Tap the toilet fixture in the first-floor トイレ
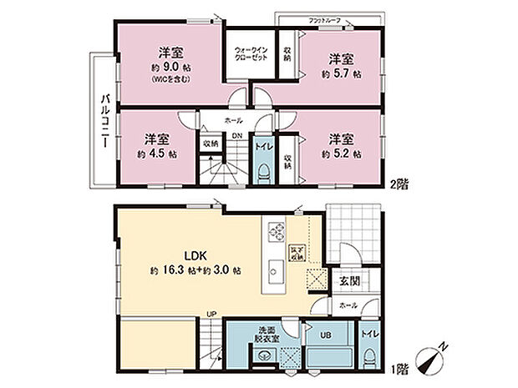369,356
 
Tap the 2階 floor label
399,179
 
